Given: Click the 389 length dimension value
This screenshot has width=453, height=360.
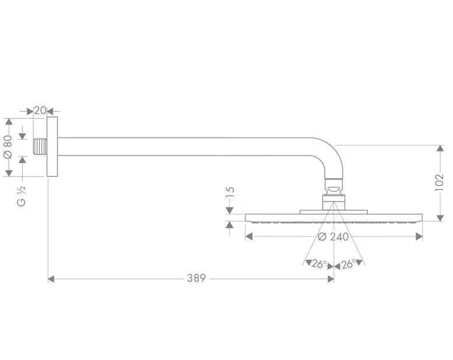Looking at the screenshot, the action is coord(196,278).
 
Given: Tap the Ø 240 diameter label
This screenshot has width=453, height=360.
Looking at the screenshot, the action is coord(333,237).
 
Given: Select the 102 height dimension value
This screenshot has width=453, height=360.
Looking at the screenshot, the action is coord(439,182).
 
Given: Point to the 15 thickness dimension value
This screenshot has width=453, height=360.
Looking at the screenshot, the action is coord(230,192).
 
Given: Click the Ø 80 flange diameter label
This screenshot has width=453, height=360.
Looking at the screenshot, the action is coord(8,147).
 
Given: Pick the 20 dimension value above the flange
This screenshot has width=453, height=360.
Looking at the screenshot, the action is coord(40,110).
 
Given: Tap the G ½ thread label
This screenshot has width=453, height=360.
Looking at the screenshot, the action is coord(22,196).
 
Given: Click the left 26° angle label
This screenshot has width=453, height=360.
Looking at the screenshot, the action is coord(319,264).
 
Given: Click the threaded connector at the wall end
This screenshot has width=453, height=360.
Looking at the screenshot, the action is coord(40,147).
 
